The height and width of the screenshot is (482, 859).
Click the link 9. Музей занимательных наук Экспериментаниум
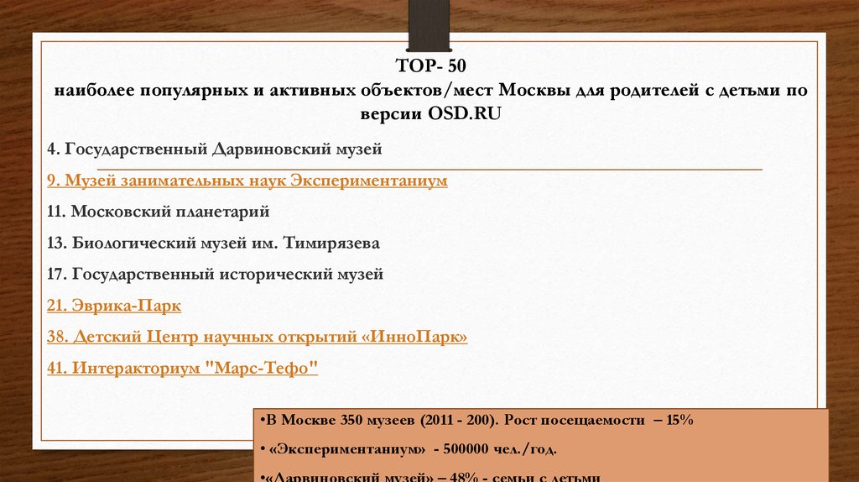pos(247,181)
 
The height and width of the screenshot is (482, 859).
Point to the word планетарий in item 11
pos(222,212)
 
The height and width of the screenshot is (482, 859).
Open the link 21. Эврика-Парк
pos(114,306)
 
